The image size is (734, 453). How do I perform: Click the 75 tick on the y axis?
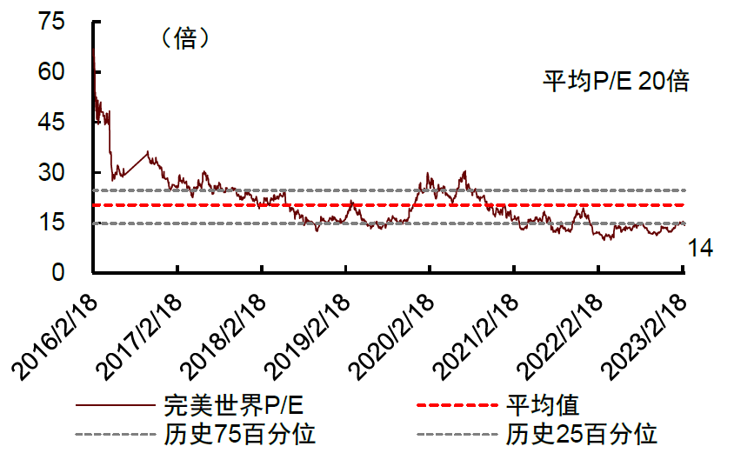(52, 23)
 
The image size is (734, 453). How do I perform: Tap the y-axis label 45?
(52, 123)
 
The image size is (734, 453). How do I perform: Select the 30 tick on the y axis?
(52, 173)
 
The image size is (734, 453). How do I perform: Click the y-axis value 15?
(52, 223)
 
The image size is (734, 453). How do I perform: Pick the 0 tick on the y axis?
(58, 273)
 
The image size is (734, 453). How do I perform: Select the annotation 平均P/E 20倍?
(616, 82)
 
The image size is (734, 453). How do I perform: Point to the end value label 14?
(700, 249)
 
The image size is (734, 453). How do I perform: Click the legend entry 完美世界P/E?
(234, 405)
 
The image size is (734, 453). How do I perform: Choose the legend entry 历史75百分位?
(239, 433)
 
